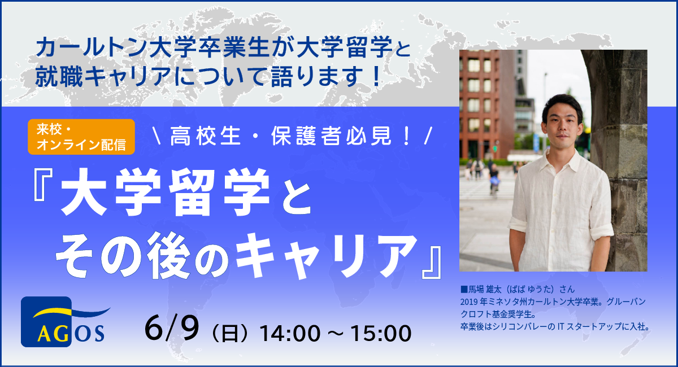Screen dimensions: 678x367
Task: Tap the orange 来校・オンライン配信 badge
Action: click(81, 137)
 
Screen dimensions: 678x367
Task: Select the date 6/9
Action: click(172, 328)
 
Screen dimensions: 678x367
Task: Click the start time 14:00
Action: click(290, 333)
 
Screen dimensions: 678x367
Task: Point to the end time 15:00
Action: click(381, 333)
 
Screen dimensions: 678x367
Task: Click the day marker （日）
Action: click(229, 334)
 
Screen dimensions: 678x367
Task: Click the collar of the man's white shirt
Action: click(562, 158)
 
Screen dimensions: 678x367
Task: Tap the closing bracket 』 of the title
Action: click(432, 263)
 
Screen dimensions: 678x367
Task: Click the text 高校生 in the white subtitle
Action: click(205, 136)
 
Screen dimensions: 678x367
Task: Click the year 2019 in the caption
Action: click(468, 302)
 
